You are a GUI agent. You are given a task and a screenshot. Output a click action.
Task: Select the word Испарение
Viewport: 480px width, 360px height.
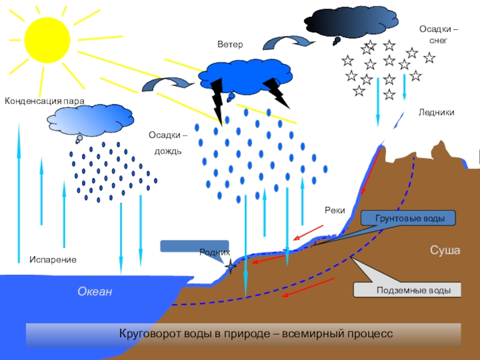coord(53,259)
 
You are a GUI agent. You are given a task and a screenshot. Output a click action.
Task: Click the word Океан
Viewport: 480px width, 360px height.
coord(95,292)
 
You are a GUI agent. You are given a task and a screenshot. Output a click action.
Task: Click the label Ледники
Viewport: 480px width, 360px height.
coord(436,113)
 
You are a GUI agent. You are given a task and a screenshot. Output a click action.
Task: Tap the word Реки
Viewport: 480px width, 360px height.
coord(334,210)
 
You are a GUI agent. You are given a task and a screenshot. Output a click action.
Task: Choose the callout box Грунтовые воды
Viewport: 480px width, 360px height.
coord(409,218)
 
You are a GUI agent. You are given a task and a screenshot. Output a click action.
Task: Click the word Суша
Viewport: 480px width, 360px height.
coord(445,250)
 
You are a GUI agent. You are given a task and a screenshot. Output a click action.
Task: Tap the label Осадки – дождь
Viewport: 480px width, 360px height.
coord(167,142)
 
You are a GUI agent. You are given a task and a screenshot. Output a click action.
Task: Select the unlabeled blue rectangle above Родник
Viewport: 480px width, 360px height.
coord(187,246)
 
